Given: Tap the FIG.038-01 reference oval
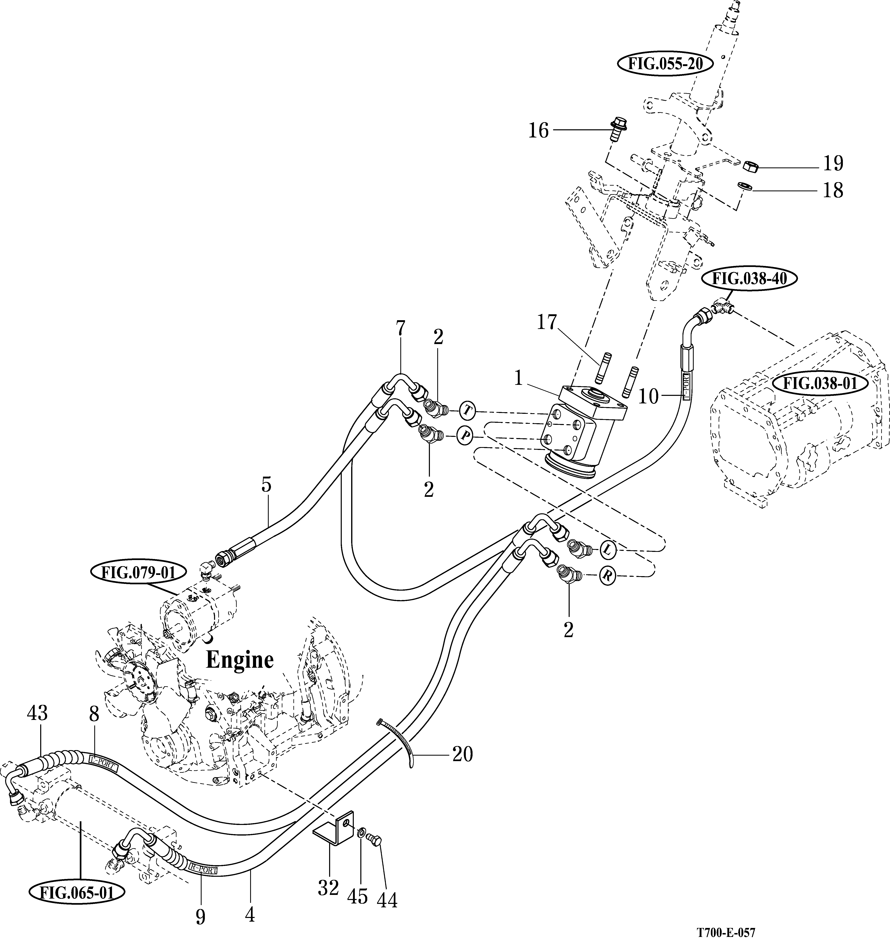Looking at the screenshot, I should point(819,382).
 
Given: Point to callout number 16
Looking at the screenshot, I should point(538,131).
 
